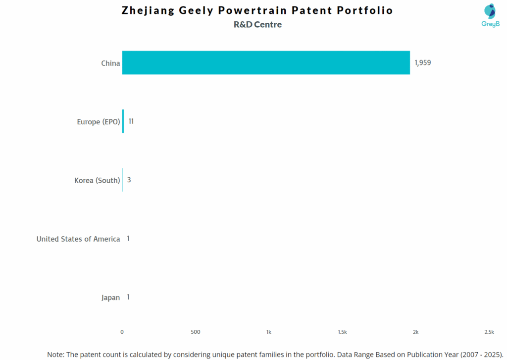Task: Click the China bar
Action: (x=266, y=63)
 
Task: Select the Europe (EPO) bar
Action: (x=123, y=121)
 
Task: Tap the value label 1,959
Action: (x=422, y=63)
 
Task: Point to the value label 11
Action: (x=131, y=121)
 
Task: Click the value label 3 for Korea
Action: (x=129, y=180)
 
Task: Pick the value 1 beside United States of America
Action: (x=128, y=239)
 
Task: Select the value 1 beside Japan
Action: (x=128, y=297)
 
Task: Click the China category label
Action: (x=110, y=63)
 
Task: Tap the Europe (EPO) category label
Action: (x=98, y=122)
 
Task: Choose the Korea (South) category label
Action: (x=97, y=180)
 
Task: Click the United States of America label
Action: (x=78, y=239)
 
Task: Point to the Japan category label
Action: (x=110, y=298)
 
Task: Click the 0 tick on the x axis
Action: (x=122, y=332)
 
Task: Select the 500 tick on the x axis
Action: (x=196, y=332)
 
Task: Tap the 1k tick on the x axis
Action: (x=269, y=332)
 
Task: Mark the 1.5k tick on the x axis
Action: (x=342, y=332)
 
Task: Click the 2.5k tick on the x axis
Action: (x=489, y=332)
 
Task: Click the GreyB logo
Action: (x=490, y=15)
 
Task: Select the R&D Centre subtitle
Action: (x=257, y=25)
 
